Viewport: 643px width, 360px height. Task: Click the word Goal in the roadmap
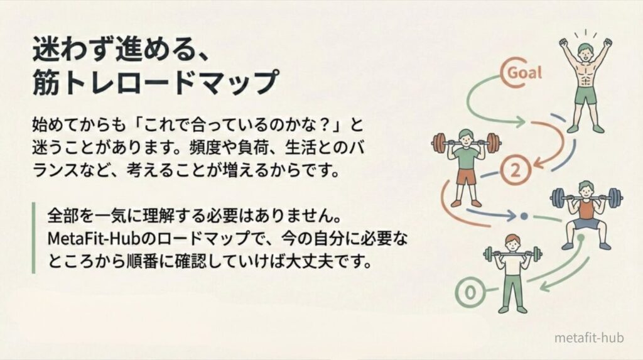coord(524,72)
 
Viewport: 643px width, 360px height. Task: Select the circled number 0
coord(468,292)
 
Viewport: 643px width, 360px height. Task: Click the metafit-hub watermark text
coord(588,338)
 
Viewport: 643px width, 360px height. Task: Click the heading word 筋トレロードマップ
coord(154,82)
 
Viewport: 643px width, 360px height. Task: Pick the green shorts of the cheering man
coord(585,96)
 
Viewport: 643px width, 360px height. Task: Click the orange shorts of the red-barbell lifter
coord(467,177)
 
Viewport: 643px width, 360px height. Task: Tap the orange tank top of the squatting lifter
coord(586,208)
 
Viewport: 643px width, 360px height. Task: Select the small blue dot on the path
coord(524,217)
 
